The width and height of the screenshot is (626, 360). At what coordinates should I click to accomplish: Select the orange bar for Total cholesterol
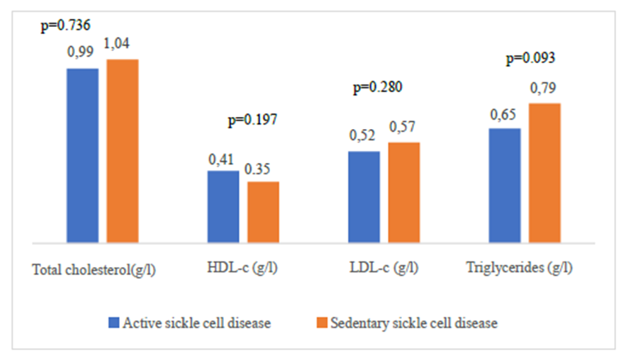pos(122,151)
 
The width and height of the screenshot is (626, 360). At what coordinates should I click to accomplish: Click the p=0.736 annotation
pos(65,26)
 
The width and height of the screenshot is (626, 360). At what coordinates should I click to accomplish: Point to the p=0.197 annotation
pos(252,120)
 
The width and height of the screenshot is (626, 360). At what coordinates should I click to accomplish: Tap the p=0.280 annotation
pos(377,88)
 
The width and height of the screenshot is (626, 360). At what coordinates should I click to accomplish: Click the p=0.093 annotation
pos(530,58)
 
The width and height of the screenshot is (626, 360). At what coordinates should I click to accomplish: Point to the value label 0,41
pos(222,159)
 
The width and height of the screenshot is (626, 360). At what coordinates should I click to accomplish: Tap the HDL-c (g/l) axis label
pos(240,269)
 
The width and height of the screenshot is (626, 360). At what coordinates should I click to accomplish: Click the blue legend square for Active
pos(113,323)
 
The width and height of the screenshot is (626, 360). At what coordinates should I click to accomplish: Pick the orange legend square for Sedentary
pos(321,323)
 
